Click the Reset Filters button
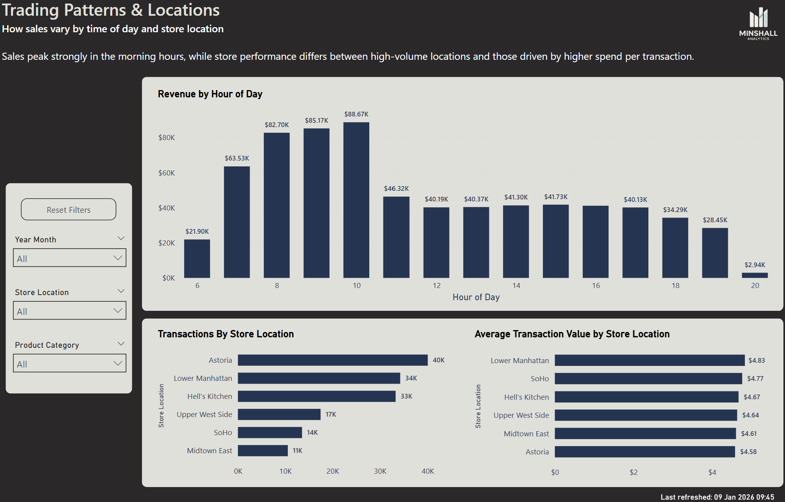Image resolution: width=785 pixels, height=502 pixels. tap(69, 209)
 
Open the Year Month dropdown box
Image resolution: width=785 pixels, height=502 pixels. tap(70, 258)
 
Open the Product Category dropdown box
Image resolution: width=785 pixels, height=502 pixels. tap(70, 363)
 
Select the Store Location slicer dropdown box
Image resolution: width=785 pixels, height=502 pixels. tap(70, 310)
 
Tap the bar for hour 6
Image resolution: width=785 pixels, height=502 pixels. tap(197, 258)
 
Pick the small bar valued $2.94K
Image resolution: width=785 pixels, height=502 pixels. tap(754, 275)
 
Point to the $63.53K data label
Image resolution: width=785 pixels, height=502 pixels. tap(237, 158)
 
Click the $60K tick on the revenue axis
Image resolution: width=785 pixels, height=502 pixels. tap(167, 173)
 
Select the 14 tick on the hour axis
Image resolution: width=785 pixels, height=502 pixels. tap(516, 286)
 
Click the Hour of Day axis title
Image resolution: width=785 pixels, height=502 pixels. tap(476, 297)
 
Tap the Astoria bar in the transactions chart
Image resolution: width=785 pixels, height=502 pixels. tap(332, 360)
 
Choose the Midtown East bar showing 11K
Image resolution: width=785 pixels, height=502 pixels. tap(263, 450)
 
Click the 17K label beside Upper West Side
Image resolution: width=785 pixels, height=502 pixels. tap(331, 414)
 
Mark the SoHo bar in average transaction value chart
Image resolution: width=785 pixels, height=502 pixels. tap(648, 378)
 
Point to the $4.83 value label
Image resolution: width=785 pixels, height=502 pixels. tap(756, 360)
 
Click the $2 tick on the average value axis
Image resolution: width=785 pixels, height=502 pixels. tap(633, 472)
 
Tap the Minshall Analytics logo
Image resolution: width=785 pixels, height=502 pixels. tap(758, 24)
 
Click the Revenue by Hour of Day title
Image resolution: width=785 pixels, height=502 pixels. tap(210, 94)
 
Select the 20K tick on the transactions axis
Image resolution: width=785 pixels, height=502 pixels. tap(333, 471)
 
